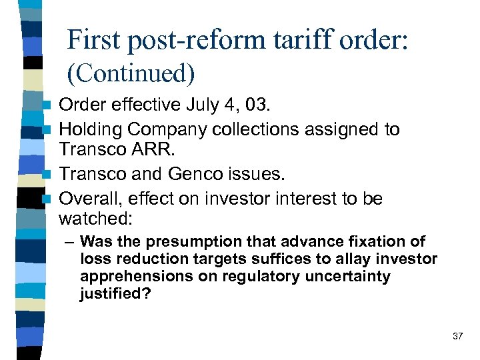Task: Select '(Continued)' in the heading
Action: pyautogui.click(x=131, y=74)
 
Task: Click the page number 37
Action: pyautogui.click(x=457, y=336)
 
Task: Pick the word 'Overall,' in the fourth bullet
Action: pyautogui.click(x=88, y=198)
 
